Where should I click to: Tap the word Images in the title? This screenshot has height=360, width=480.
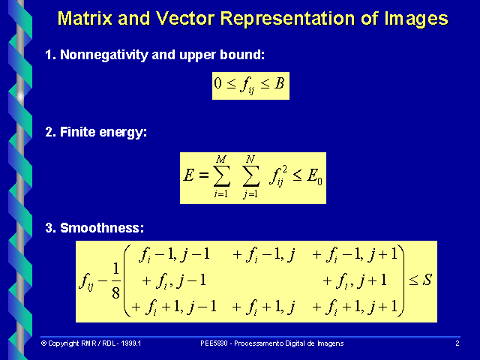tap(412, 19)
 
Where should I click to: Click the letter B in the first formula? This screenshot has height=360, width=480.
tap(279, 84)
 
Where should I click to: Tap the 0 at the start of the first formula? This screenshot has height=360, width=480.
tap(218, 84)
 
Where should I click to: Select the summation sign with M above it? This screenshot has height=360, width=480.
tap(220, 177)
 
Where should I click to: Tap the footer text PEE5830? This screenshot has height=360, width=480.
tap(215, 343)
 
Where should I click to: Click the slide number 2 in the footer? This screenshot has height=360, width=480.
tap(457, 343)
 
